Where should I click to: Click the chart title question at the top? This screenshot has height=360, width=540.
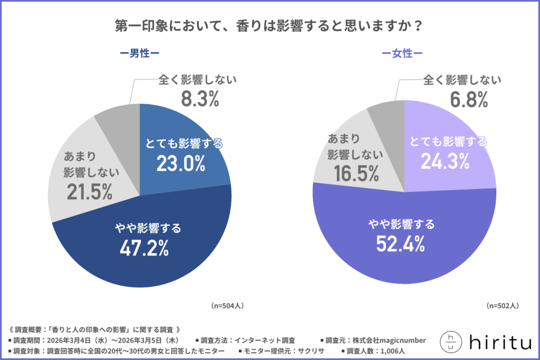[x=269, y=26]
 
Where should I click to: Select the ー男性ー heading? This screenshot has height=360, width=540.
[x=139, y=54]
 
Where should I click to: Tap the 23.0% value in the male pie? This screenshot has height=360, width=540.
[x=180, y=164]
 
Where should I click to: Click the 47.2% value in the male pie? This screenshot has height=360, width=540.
[x=144, y=247]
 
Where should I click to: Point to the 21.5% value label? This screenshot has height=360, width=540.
[x=90, y=192]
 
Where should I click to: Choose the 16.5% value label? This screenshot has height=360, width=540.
[x=354, y=173]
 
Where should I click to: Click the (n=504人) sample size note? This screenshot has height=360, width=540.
[x=228, y=305]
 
